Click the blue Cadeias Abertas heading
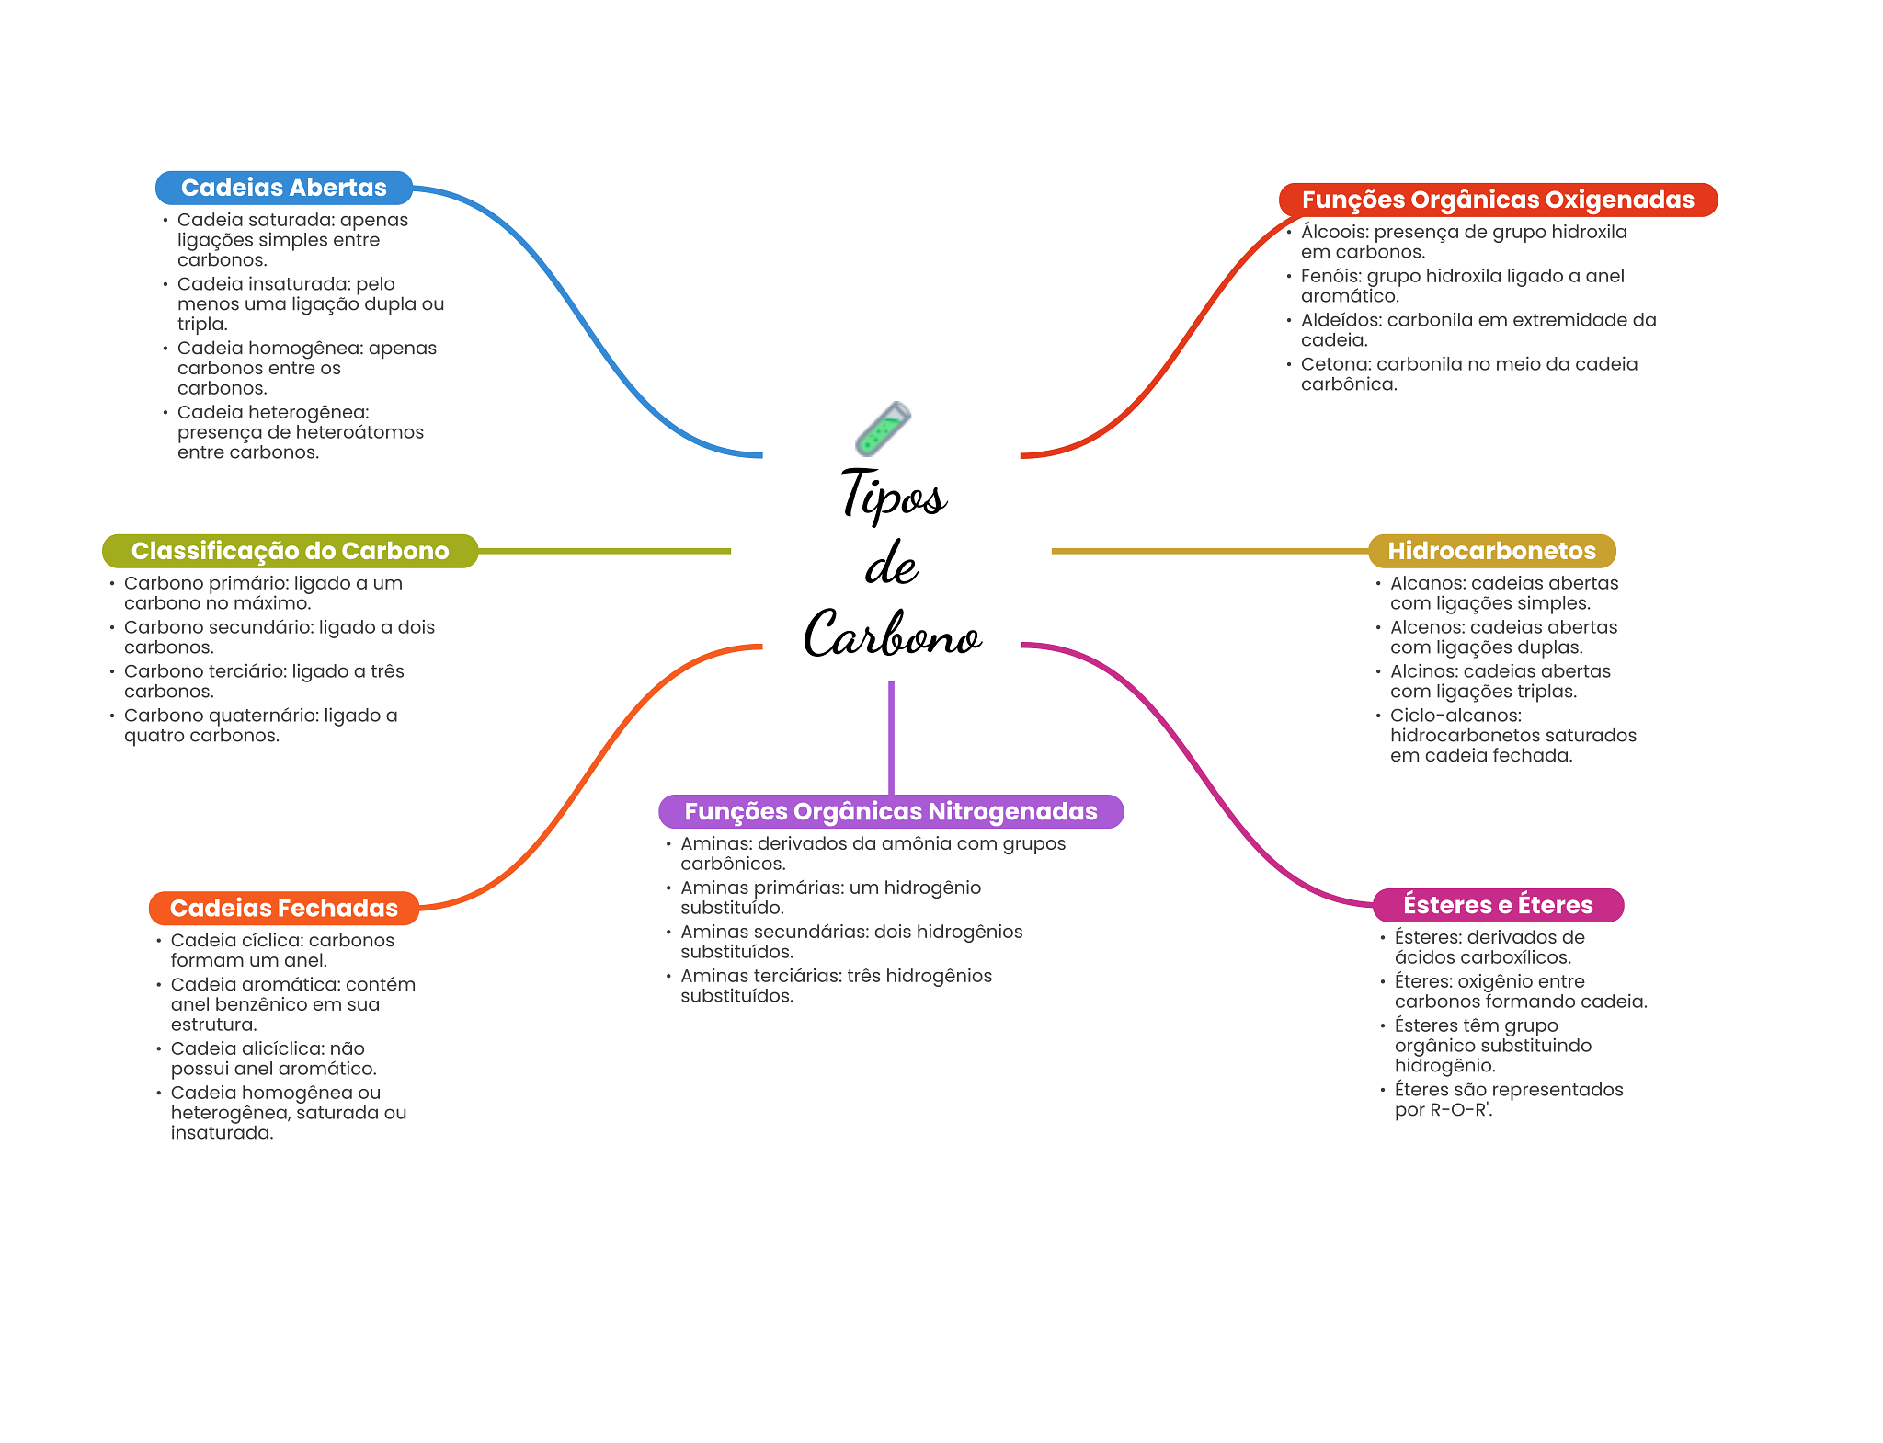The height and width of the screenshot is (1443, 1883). click(x=283, y=188)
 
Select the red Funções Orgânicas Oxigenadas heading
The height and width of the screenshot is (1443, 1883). click(x=1497, y=200)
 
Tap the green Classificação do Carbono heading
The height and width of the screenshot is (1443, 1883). click(x=290, y=551)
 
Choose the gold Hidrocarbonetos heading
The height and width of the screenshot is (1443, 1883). click(x=1491, y=551)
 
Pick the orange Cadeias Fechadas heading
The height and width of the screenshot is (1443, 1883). click(x=283, y=908)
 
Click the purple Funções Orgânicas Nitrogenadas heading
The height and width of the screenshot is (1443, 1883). click(x=890, y=811)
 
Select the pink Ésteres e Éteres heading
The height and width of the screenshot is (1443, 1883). click(x=1497, y=905)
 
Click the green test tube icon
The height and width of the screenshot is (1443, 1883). click(x=883, y=429)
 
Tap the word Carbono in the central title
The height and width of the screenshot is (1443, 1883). click(x=892, y=635)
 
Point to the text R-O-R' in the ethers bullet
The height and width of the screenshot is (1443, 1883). click(x=1460, y=1110)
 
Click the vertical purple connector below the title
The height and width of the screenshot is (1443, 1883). click(x=891, y=736)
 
